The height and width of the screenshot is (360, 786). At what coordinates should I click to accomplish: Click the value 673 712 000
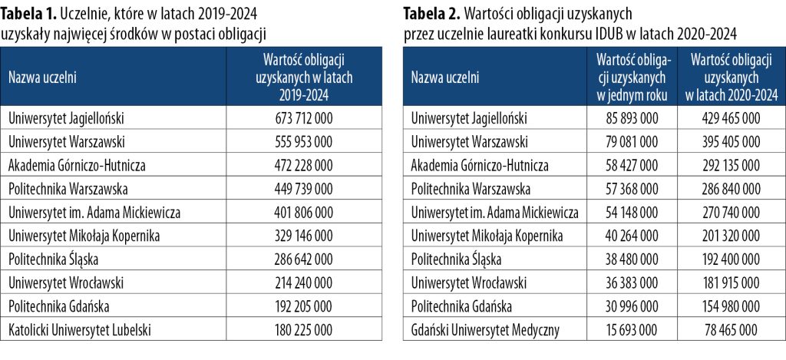pyautogui.click(x=303, y=118)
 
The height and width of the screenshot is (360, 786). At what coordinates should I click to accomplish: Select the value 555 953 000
pyautogui.click(x=303, y=142)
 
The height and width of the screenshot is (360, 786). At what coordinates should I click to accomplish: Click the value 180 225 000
pyautogui.click(x=303, y=331)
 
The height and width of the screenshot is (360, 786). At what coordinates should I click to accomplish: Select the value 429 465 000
pyautogui.click(x=729, y=118)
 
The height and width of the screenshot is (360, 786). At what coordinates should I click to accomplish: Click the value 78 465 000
pyautogui.click(x=729, y=331)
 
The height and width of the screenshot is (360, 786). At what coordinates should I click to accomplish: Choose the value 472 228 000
pyautogui.click(x=303, y=165)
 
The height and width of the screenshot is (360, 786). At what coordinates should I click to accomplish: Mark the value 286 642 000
pyautogui.click(x=303, y=260)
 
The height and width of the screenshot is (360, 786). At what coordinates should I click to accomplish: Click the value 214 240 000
pyautogui.click(x=303, y=283)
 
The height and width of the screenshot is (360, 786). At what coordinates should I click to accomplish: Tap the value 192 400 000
pyautogui.click(x=729, y=260)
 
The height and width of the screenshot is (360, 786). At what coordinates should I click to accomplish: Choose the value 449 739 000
pyautogui.click(x=303, y=189)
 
